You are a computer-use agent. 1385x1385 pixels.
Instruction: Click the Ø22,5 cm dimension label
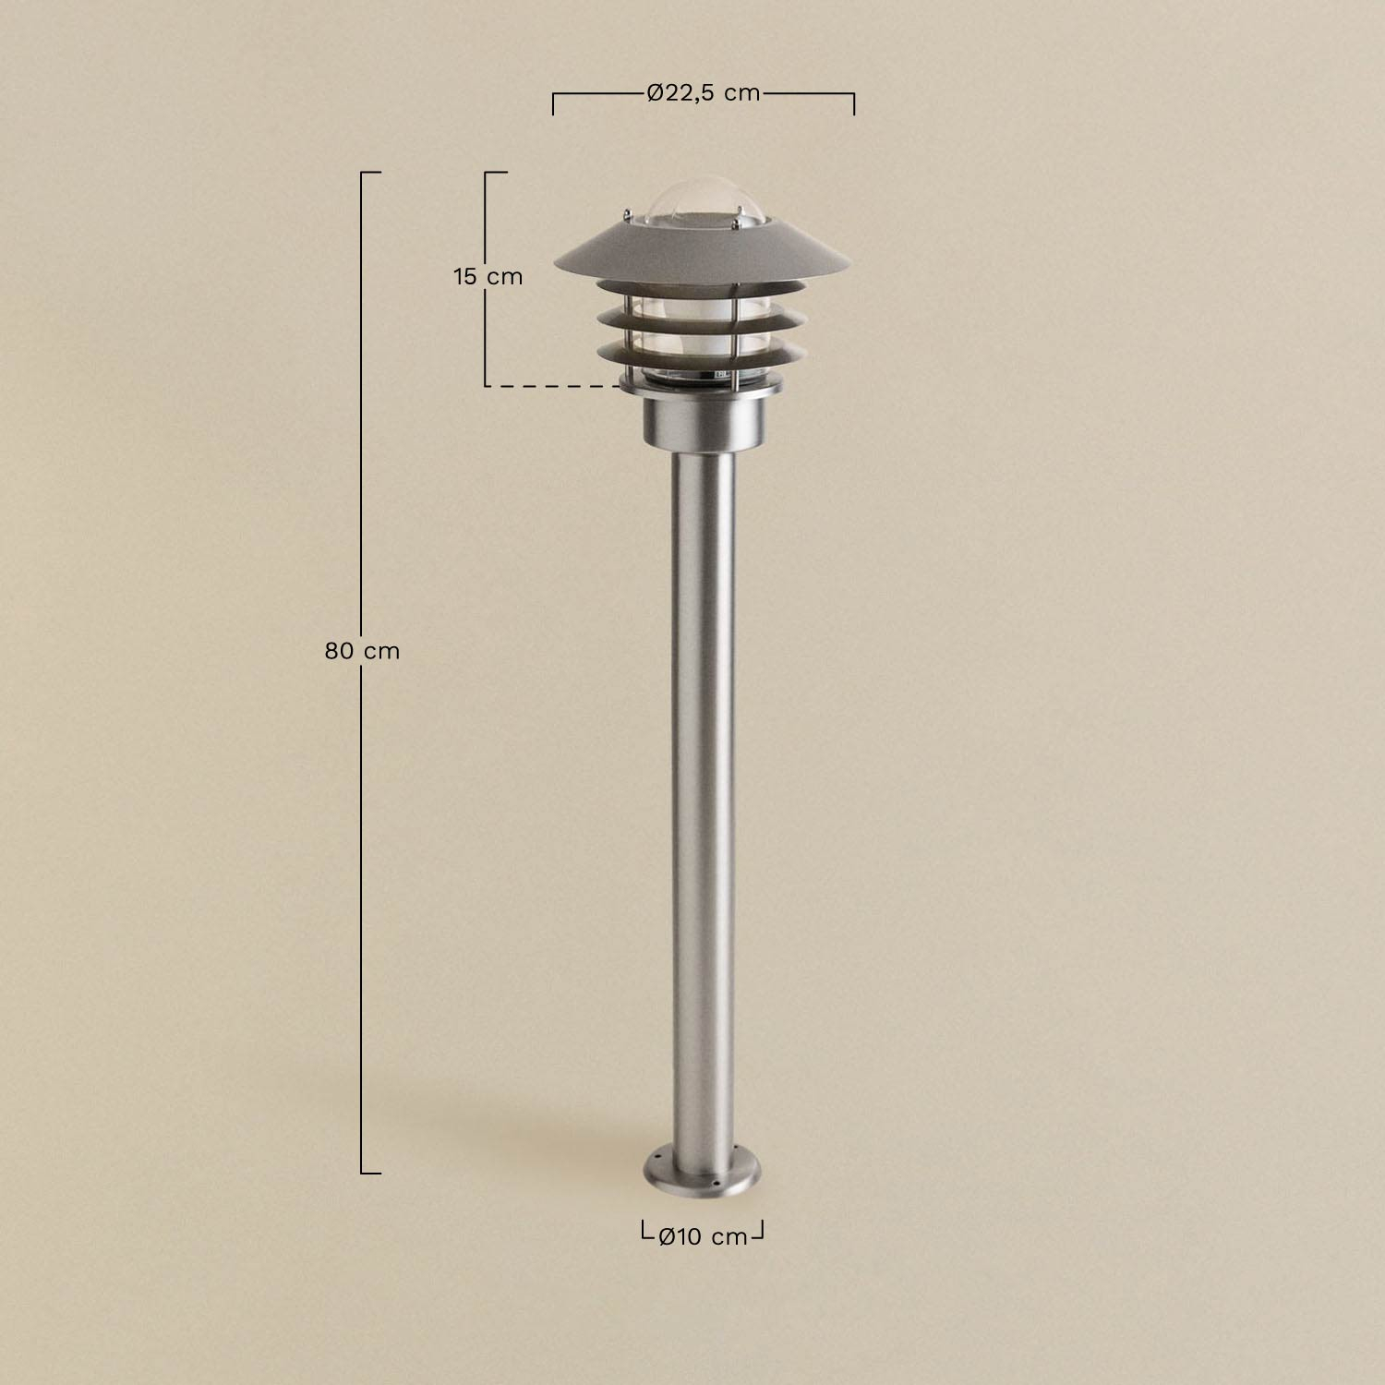coord(704,93)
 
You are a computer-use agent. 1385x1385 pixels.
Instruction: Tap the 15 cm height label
coord(488,276)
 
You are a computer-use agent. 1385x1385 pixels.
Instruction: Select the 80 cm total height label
coord(362,651)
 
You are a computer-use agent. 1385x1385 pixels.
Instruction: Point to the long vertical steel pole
coord(702,785)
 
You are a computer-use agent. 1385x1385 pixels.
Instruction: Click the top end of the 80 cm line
coord(369,173)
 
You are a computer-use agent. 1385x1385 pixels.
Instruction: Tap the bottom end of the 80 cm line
coord(369,1173)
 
